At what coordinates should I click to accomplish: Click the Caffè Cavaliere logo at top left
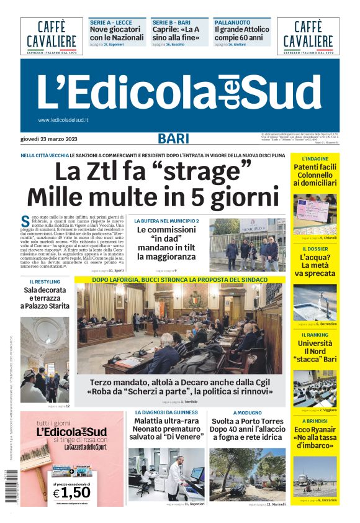point(52,36)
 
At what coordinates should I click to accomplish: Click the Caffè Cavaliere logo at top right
point(308,36)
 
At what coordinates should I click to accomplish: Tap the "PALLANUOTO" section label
point(229,22)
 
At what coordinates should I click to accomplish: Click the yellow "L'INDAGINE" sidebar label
point(315,159)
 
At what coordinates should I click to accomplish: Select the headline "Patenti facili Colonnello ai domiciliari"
point(315,175)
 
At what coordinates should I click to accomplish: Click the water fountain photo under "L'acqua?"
point(315,301)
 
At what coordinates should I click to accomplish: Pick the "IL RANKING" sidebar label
point(315,335)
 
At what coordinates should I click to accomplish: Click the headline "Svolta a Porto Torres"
point(246,421)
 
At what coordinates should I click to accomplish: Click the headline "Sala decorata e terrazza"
point(45,298)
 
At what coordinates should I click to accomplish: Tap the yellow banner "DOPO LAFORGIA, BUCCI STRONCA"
point(180,280)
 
